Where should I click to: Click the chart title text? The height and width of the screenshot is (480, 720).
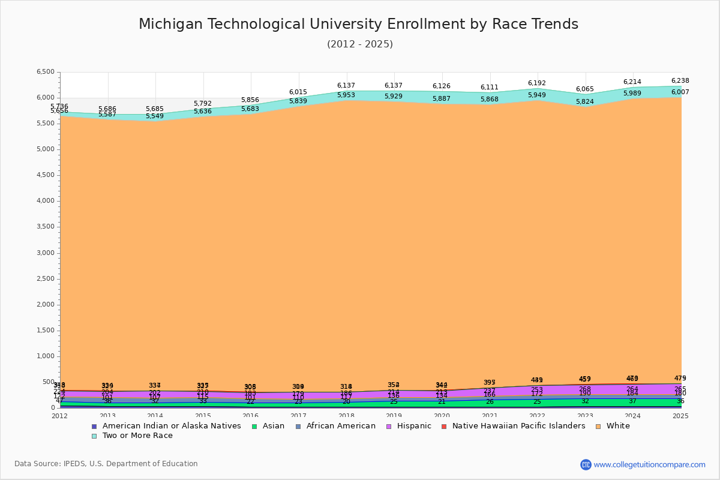pyautogui.click(x=358, y=24)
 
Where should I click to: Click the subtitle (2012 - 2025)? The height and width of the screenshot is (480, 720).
pyautogui.click(x=359, y=44)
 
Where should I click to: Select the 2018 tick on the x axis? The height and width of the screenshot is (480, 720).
pyautogui.click(x=346, y=416)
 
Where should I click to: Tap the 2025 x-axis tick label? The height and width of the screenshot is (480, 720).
pyautogui.click(x=680, y=416)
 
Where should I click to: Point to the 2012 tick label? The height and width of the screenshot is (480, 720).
pyautogui.click(x=60, y=416)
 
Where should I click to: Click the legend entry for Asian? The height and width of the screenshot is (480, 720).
pyautogui.click(x=273, y=426)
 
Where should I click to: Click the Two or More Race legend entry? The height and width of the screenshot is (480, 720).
pyautogui.click(x=137, y=436)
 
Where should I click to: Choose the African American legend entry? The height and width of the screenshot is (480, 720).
pyautogui.click(x=340, y=426)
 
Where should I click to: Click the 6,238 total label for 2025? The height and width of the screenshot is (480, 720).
pyautogui.click(x=680, y=80)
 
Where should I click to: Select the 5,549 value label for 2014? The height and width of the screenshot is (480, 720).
pyautogui.click(x=155, y=116)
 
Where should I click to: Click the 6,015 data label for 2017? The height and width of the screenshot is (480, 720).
pyautogui.click(x=298, y=92)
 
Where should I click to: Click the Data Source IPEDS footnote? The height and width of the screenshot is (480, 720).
pyautogui.click(x=106, y=464)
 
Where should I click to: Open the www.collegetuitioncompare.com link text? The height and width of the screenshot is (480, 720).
pyautogui.click(x=649, y=464)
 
